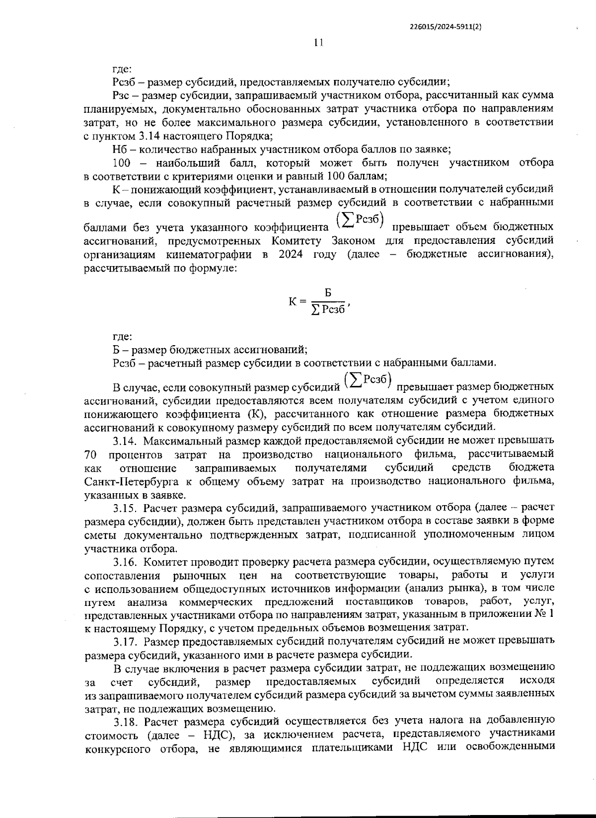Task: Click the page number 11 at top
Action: coord(318,43)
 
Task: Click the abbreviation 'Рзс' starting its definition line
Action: coord(121,95)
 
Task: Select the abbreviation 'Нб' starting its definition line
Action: coord(120,149)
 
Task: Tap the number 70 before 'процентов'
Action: coord(90,454)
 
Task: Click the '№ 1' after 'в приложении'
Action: coord(544,615)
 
